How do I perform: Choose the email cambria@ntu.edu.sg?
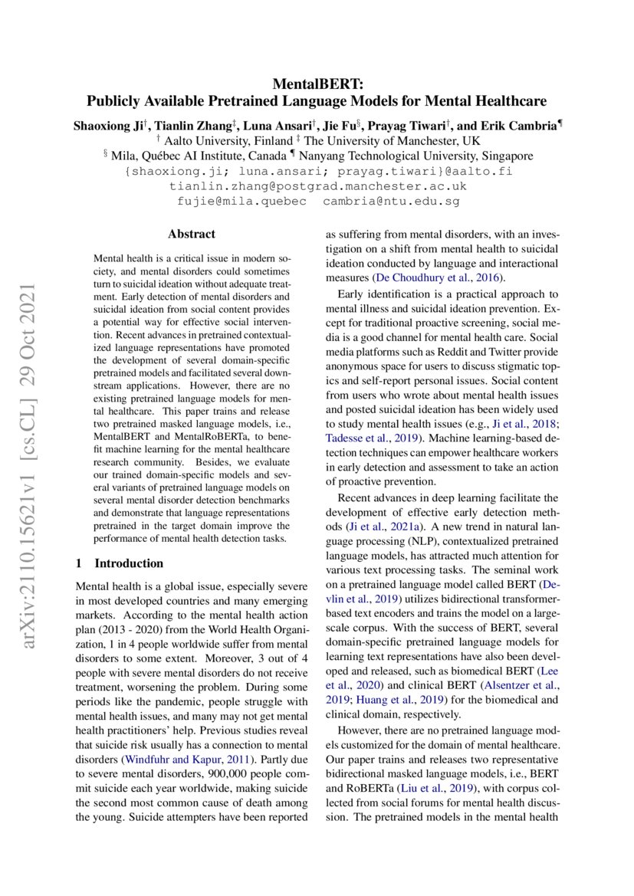coord(391,201)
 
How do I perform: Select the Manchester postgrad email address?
coord(317,186)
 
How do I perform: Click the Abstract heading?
coord(192,235)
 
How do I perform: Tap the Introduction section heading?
coord(129,563)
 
